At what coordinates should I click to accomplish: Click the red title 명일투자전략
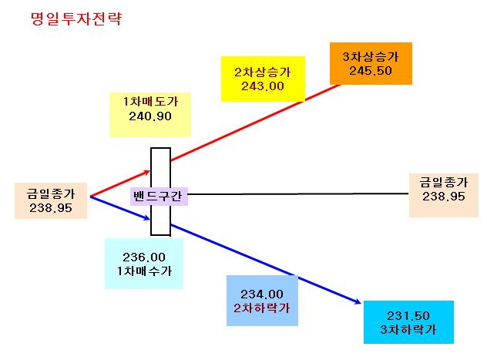tap(76, 19)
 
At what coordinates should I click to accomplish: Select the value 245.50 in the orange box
tap(371, 71)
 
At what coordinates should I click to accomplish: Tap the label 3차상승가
tap(370, 56)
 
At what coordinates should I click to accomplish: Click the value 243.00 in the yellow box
tap(263, 86)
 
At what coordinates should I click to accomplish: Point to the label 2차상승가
tap(263, 72)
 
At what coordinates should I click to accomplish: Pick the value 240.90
tap(150, 116)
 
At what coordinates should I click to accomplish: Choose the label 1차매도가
tap(150, 102)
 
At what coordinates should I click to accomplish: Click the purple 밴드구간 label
tap(158, 197)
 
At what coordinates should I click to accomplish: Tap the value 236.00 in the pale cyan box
tap(144, 257)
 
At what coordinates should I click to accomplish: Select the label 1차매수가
tap(144, 271)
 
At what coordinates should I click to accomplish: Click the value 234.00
tap(262, 294)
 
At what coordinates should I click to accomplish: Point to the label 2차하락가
tap(262, 308)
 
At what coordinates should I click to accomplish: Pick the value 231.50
tap(408, 316)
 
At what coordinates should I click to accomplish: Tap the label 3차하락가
tap(408, 330)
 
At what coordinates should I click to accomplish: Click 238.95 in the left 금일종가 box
tap(51, 208)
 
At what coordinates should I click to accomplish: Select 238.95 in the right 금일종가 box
tap(444, 197)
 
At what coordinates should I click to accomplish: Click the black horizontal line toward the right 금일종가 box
tap(298, 193)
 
